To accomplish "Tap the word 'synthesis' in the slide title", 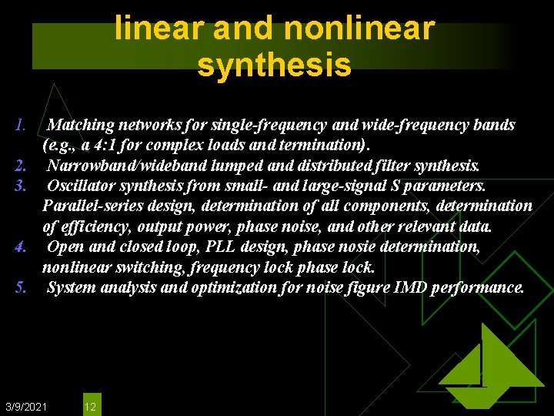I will pyautogui.click(x=275, y=65).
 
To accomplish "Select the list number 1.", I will pyautogui.click(x=21, y=125).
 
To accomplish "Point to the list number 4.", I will pyautogui.click(x=21, y=247).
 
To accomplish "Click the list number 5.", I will pyautogui.click(x=21, y=288).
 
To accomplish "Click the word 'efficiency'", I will pyautogui.click(x=96, y=227).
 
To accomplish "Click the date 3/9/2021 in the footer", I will pyautogui.click(x=26, y=406).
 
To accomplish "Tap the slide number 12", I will pyautogui.click(x=90, y=406).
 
